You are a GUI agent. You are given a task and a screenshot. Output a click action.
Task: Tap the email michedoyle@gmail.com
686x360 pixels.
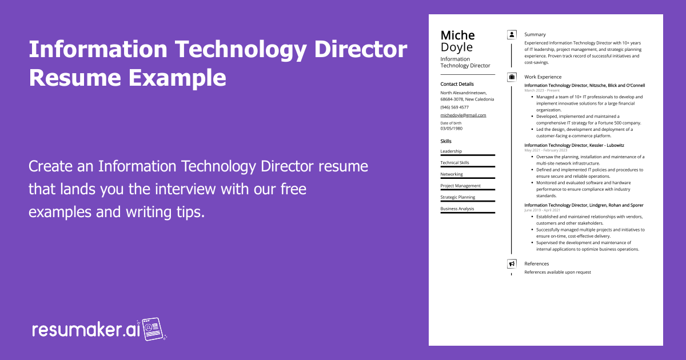pos(463,115)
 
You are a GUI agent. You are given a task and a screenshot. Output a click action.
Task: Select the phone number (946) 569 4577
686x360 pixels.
pos(454,107)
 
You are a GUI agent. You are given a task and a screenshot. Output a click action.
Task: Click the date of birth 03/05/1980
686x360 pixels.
pos(452,129)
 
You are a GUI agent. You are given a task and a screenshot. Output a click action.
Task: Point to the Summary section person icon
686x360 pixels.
pos(512,34)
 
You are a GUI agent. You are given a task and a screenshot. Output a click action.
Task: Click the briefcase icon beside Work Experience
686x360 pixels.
pos(512,77)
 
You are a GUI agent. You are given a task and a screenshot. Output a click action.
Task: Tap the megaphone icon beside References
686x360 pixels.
pos(512,263)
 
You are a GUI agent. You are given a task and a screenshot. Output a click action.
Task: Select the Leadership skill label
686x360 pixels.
pos(451,151)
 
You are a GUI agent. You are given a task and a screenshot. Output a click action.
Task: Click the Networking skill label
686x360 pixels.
pos(452,174)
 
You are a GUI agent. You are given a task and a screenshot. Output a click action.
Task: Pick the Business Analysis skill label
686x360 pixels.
pos(457,209)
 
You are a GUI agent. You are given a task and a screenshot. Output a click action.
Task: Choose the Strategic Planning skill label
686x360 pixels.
pos(458,197)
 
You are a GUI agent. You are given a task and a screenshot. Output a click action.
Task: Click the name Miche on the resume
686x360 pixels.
pos(457,35)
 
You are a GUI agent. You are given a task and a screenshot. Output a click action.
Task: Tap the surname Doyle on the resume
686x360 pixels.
pos(456,47)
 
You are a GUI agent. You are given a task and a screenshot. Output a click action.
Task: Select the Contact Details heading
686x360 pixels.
pos(457,84)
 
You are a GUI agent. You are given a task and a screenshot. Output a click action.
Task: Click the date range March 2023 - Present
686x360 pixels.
pos(542,90)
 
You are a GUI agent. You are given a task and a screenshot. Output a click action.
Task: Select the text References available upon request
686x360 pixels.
pos(557,272)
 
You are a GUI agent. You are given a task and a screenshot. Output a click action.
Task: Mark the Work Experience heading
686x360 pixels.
pos(543,77)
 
